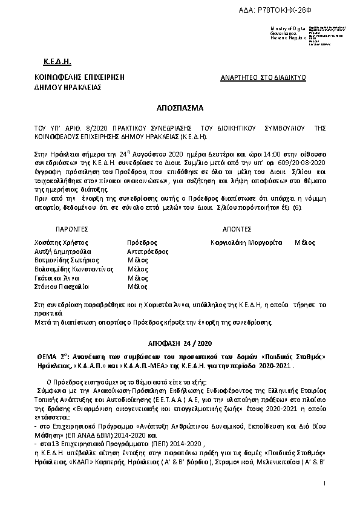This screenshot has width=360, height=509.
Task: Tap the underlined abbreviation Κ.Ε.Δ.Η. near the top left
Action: (58, 63)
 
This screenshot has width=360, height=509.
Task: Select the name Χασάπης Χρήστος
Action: (58, 242)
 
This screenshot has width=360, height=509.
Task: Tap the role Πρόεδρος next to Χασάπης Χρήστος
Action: (142, 242)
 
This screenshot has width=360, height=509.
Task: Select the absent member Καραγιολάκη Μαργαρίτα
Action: (246, 242)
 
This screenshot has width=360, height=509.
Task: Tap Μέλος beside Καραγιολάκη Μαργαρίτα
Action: (304, 242)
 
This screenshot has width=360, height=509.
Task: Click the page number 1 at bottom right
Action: (325, 483)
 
